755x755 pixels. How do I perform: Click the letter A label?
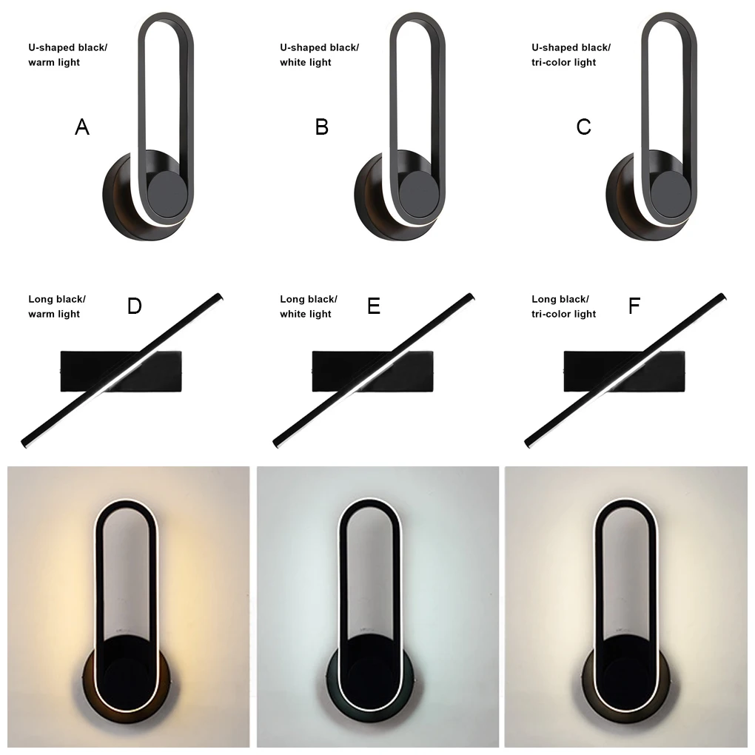(82, 127)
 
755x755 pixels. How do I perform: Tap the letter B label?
(322, 127)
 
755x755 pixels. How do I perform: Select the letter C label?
(583, 127)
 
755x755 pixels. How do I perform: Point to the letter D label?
(134, 306)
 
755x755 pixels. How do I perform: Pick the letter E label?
(374, 306)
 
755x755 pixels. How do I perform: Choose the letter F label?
(634, 306)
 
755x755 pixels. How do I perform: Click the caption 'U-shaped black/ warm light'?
(68, 55)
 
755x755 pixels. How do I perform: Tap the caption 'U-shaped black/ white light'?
(319, 55)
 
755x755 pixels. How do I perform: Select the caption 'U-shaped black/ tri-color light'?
(571, 55)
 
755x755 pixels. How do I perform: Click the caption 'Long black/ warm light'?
(57, 306)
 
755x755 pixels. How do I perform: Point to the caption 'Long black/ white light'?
(309, 306)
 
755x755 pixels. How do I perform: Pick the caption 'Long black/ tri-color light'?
(563, 306)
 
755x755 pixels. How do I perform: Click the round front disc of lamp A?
(167, 194)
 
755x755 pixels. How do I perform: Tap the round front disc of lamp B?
(418, 194)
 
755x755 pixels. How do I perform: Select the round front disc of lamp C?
(671, 194)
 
